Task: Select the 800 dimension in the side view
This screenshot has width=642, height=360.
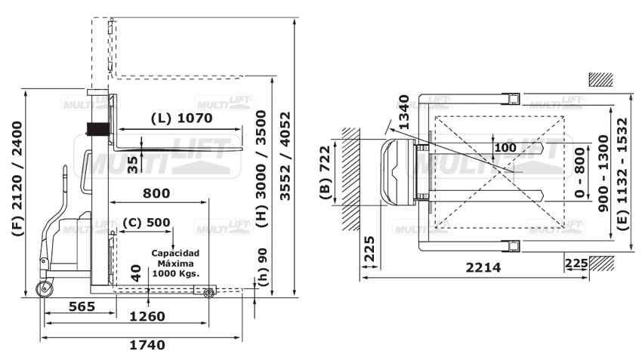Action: (156, 193)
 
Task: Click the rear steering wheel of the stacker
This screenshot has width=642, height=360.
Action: (47, 290)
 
